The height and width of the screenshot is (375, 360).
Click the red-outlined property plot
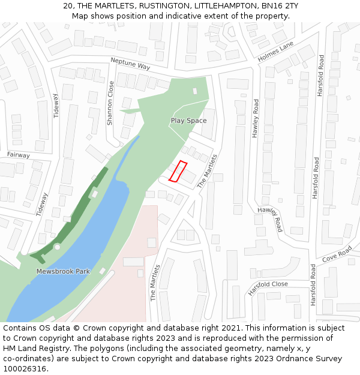(178, 171)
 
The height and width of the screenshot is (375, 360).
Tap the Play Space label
(188, 121)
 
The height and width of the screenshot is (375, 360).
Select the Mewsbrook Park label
(63, 272)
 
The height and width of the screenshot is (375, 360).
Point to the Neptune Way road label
(130, 63)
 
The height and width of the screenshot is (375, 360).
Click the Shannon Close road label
(110, 103)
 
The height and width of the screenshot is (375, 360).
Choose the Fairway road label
(18, 155)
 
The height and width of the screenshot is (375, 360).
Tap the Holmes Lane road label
(275, 52)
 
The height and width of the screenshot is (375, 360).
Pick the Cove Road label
(337, 256)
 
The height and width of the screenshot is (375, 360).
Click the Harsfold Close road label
(268, 288)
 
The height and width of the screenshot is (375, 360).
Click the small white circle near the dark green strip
(57, 247)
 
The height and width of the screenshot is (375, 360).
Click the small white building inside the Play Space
(195, 91)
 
